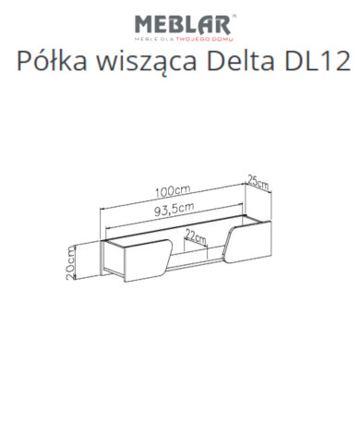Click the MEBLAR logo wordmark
[181, 22]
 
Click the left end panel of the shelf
[104, 259]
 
